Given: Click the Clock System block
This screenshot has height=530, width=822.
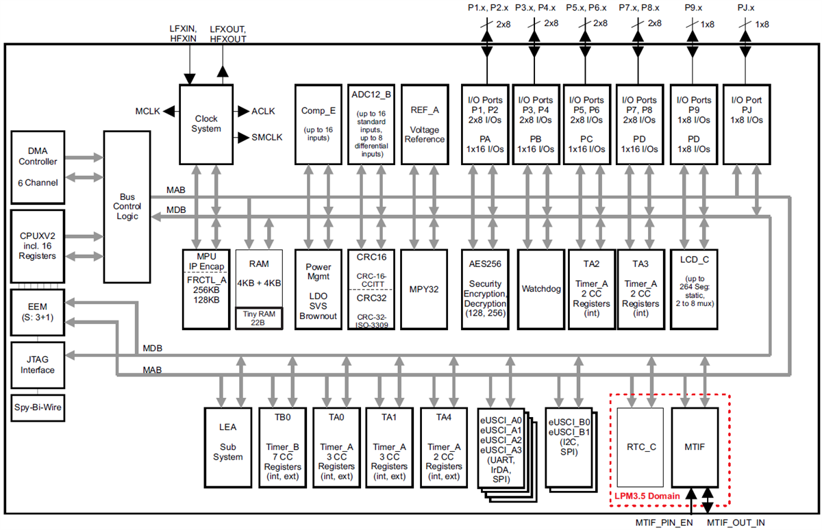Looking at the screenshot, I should click(x=206, y=124).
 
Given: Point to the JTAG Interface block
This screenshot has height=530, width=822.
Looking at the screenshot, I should click(x=43, y=364).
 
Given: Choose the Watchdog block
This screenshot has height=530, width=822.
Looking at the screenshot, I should click(x=541, y=288).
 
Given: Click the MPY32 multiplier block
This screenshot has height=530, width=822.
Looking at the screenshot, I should click(x=424, y=288).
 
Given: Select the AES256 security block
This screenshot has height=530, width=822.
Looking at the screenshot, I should click(x=487, y=288).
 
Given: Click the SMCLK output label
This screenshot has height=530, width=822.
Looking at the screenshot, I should click(x=267, y=137).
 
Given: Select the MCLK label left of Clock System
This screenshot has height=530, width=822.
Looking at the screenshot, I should click(x=147, y=111).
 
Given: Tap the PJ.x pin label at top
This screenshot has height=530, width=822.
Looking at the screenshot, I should click(x=747, y=8).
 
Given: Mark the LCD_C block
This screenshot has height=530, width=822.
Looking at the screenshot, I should click(x=695, y=288).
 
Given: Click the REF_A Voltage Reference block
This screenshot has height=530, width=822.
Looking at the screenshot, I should click(x=424, y=124).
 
